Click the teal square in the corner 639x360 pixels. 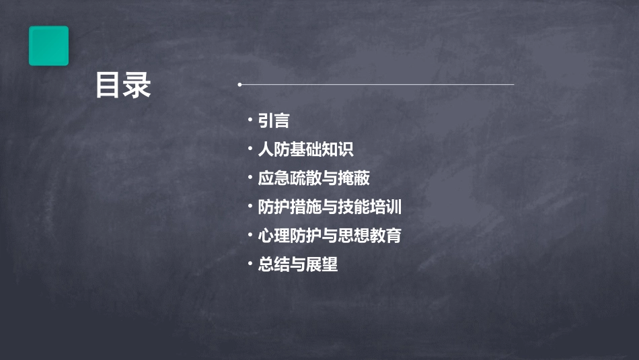pos(48,46)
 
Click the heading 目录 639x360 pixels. pos(123,86)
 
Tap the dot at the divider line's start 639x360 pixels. pos(239,85)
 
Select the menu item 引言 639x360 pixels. pos(274,121)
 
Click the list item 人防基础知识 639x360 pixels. pos(305,150)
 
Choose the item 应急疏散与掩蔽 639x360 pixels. pos(313,178)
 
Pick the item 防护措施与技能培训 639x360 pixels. pos(330,207)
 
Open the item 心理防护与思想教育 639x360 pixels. pos(330,236)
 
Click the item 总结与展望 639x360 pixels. pos(297,264)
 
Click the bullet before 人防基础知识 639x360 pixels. pos(250,149)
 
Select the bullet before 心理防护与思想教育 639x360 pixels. pos(250,235)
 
